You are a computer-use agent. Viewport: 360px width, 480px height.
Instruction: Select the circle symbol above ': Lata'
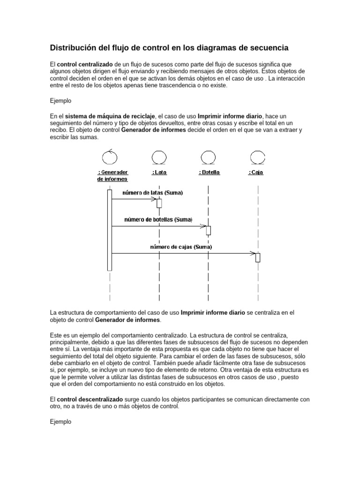(159, 156)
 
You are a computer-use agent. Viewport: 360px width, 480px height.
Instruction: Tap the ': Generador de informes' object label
(112, 175)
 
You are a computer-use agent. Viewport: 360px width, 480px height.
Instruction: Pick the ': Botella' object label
(209, 172)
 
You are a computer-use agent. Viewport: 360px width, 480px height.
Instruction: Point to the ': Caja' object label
(255, 172)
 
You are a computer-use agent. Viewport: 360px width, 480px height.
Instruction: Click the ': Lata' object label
(159, 172)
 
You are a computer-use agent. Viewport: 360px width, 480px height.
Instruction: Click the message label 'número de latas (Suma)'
(153, 193)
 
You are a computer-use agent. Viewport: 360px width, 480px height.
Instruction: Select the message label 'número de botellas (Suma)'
(158, 219)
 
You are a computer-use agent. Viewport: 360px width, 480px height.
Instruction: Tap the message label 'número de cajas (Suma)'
(181, 247)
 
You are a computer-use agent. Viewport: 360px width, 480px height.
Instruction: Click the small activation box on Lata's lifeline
(159, 203)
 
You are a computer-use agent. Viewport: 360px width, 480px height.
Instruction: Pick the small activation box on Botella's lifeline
(209, 230)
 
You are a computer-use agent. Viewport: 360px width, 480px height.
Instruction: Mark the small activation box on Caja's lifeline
(257, 257)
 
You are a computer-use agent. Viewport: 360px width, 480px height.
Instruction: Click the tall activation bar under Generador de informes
(110, 230)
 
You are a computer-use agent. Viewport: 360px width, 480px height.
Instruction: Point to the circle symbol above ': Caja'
(256, 156)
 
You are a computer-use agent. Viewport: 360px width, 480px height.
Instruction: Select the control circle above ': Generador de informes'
(110, 155)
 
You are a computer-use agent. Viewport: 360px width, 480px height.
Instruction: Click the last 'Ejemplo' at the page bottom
(60, 422)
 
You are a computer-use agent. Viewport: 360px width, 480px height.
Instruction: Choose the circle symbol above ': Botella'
(208, 156)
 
